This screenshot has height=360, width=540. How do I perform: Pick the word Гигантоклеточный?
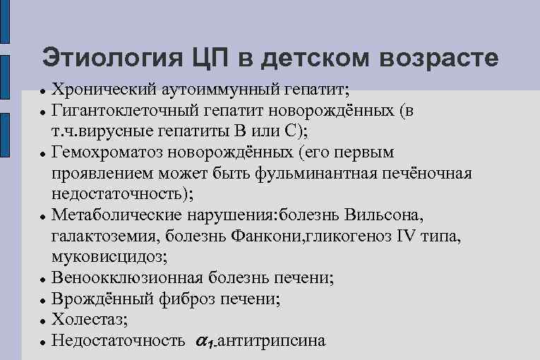(x=126, y=112)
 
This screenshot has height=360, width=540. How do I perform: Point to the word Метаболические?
(x=122, y=214)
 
